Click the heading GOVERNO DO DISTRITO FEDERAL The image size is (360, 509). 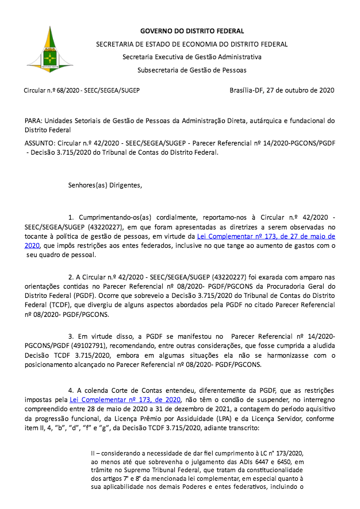click(x=192, y=31)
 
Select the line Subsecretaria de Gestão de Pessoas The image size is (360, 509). click(x=192, y=70)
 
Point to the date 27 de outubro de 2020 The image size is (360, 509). click(x=300, y=90)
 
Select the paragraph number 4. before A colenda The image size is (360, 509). click(x=71, y=391)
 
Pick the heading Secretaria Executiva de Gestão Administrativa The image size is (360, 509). click(x=192, y=57)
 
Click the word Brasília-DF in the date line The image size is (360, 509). click(x=246, y=90)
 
